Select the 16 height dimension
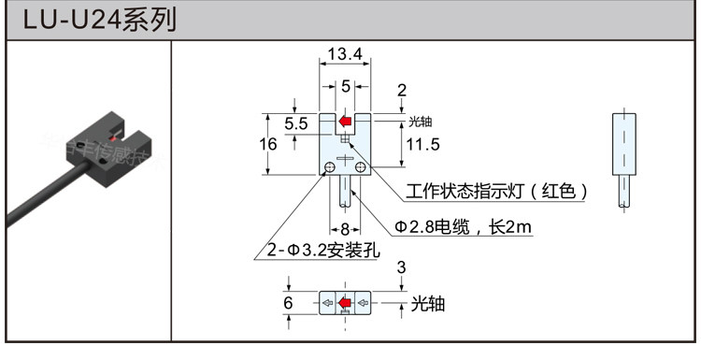[x=268, y=144]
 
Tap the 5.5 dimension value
[x=296, y=123]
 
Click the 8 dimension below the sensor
[x=344, y=229]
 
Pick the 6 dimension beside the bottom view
[x=289, y=303]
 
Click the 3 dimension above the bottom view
[x=401, y=268]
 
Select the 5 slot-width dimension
[x=346, y=86]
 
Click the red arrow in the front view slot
[x=345, y=122]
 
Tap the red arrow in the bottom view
[x=346, y=303]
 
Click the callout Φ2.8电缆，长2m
[x=463, y=225]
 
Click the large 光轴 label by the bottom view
[x=427, y=305]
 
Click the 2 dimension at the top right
[x=401, y=91]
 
